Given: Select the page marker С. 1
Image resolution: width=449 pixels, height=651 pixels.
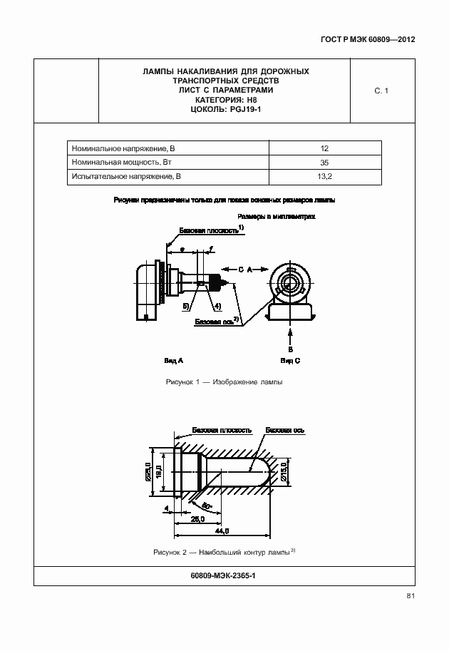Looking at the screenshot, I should point(381,91).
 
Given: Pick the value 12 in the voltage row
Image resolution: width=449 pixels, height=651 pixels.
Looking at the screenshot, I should point(324,148).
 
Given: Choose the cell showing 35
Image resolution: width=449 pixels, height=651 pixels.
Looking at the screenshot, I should point(324,162).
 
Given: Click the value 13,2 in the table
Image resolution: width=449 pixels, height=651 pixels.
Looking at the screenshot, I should point(324,175).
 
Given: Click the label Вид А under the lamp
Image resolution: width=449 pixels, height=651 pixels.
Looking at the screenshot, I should point(175,361).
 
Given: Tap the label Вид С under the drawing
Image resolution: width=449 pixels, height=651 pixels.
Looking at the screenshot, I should point(291,361).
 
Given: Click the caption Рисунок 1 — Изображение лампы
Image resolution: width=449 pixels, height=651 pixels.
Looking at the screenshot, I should point(224,383).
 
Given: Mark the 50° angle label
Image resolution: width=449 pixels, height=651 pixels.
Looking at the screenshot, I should point(207,507).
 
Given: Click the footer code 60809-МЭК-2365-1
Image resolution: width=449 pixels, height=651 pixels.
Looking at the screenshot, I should point(224,576).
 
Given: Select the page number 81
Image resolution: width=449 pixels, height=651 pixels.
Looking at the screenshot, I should point(411,596).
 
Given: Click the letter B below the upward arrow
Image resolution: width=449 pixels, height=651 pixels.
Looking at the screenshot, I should point(291,349).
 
